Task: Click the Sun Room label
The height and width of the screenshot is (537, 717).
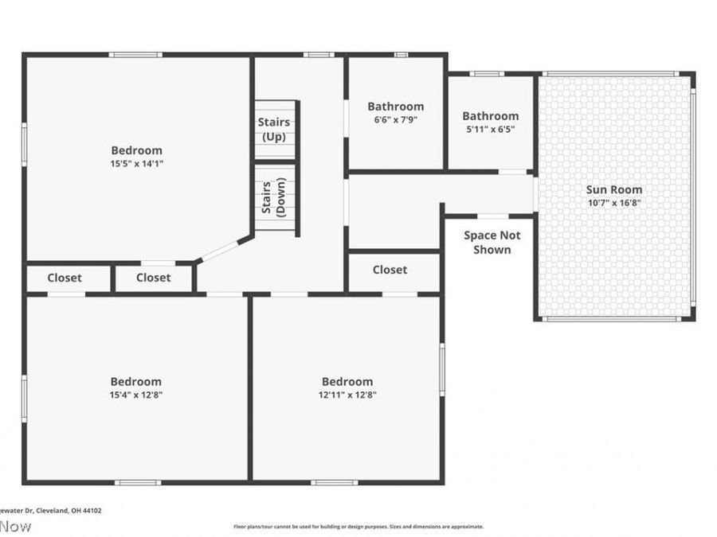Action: [614, 189]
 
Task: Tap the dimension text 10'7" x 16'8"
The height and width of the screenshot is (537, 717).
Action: [614, 203]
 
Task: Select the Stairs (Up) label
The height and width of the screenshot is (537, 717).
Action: [274, 129]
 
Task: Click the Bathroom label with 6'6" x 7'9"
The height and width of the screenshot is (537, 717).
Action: [395, 106]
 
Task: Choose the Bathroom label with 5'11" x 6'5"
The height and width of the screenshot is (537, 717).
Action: [490, 115]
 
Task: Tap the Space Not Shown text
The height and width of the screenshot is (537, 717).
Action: [492, 242]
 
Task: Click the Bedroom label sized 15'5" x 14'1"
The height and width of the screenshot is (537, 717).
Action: [136, 150]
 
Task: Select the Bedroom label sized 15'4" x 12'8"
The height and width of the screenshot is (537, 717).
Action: [135, 381]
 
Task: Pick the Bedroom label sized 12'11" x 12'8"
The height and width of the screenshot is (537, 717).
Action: [347, 381]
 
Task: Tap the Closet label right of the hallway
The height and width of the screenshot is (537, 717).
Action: [390, 270]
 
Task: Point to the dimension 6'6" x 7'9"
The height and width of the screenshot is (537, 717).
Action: [395, 119]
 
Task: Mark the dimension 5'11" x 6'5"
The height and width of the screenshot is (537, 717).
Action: [490, 129]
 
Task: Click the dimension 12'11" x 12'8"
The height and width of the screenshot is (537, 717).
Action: [347, 395]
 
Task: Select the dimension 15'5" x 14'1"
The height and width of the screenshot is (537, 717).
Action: [136, 163]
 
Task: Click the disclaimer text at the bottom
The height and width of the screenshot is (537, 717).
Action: [358, 527]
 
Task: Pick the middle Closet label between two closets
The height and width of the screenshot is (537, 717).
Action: [153, 278]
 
